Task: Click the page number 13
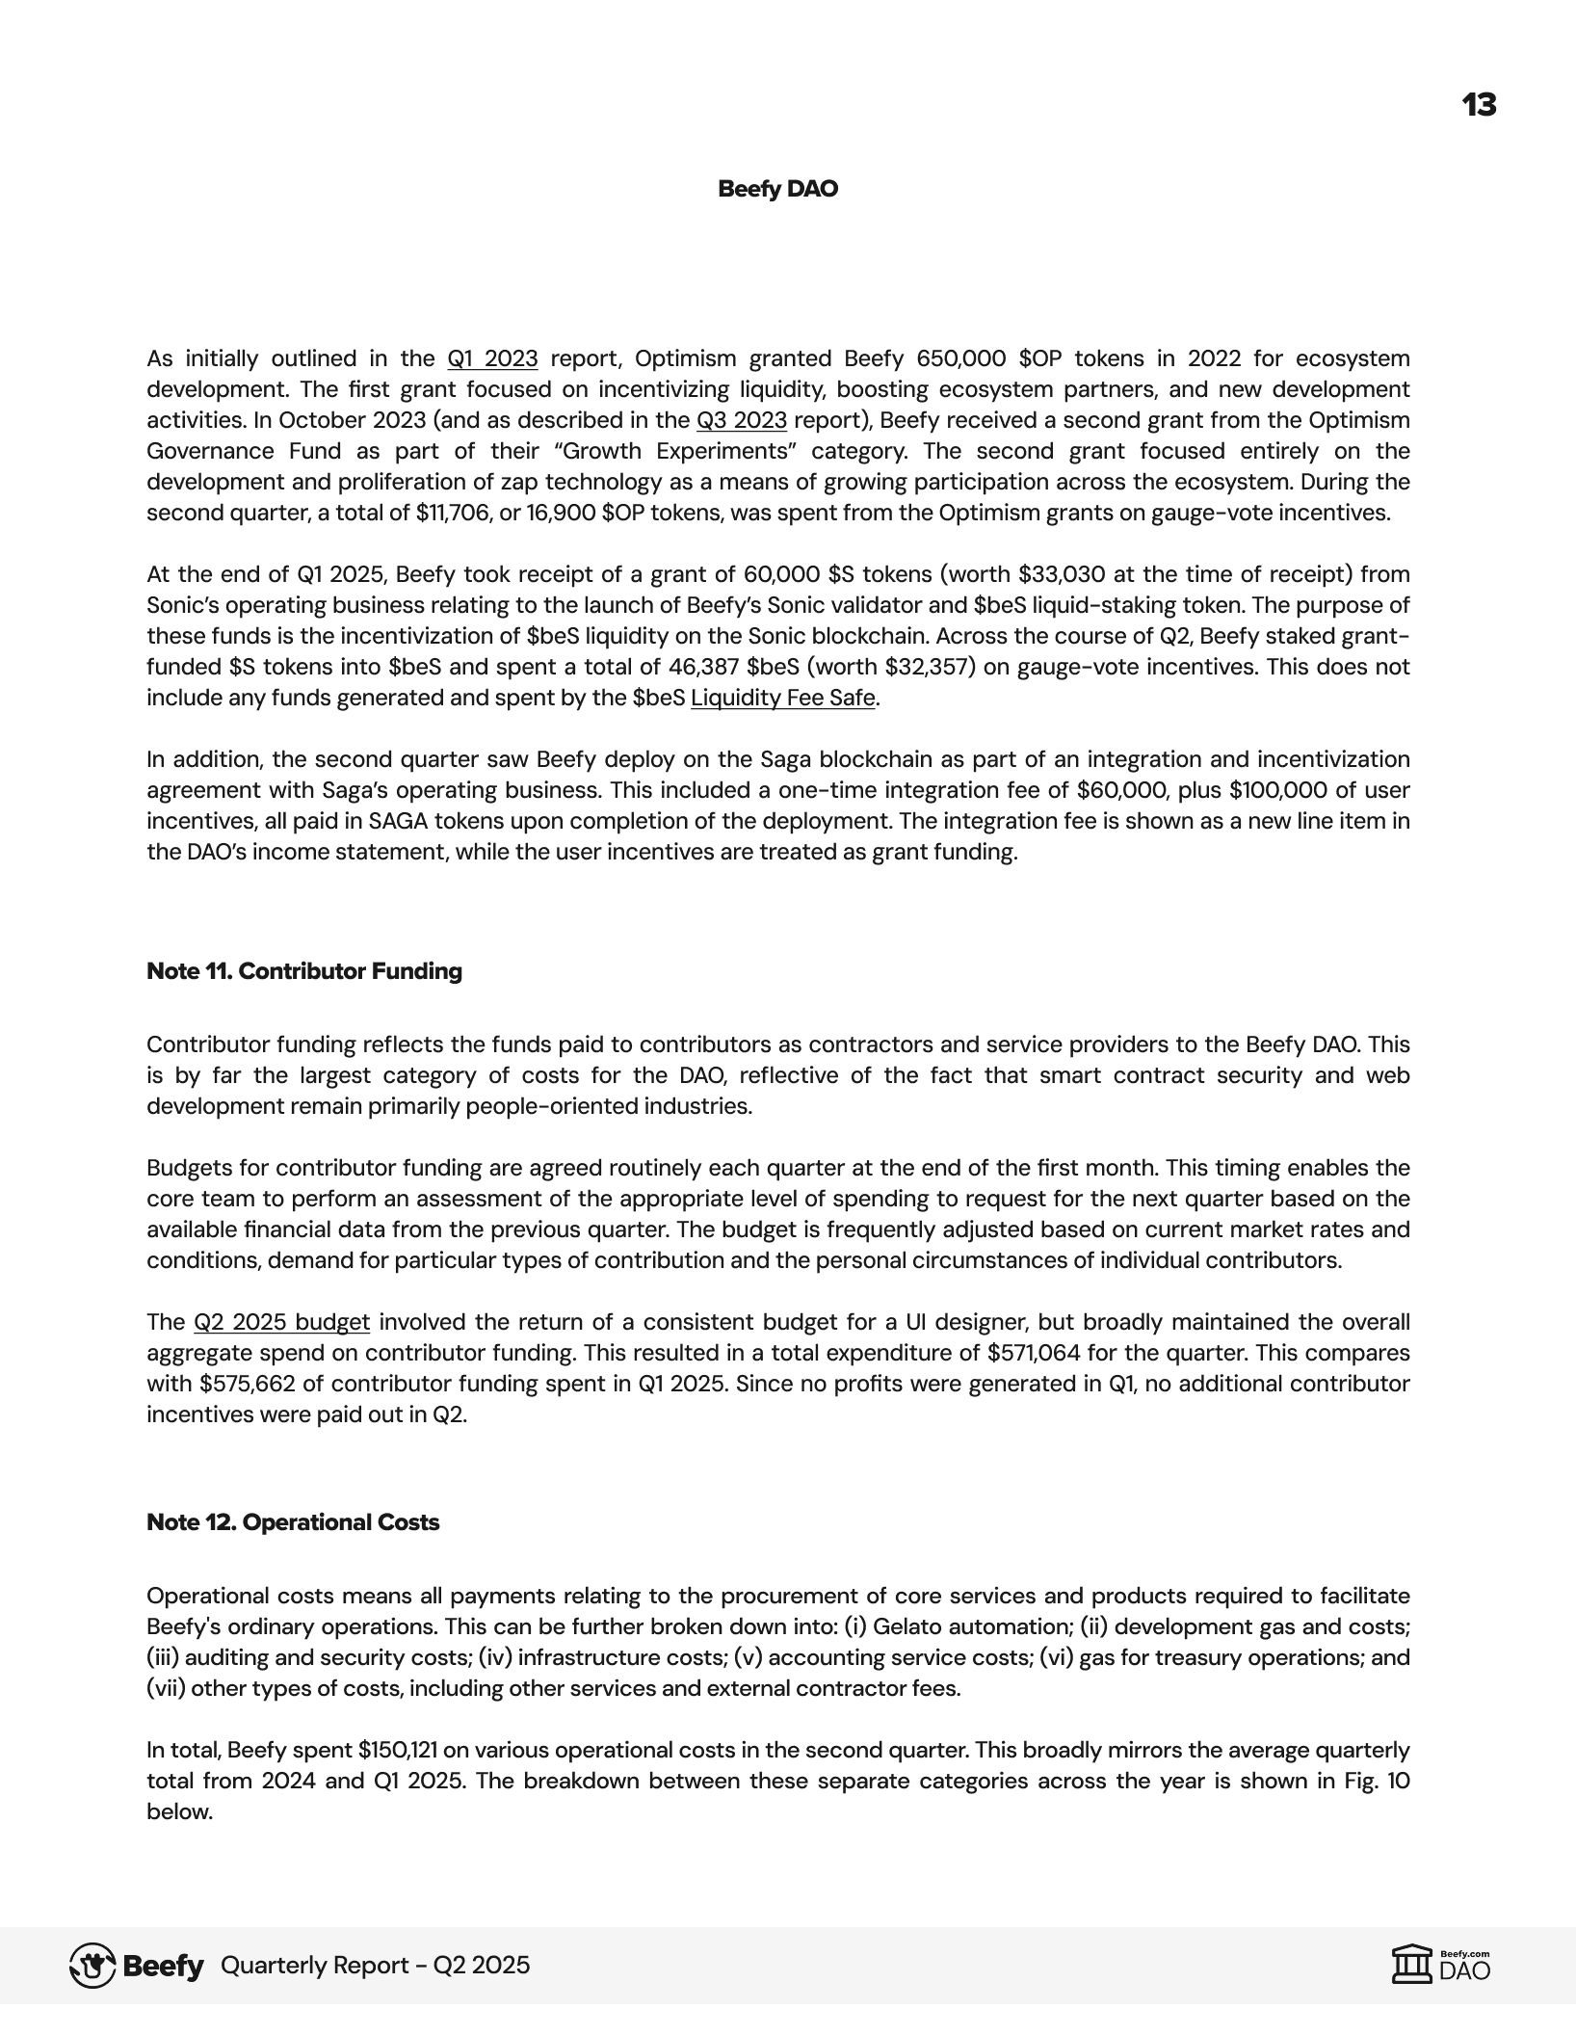coord(1479,105)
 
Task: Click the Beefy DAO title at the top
coord(777,189)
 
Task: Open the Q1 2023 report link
coord(492,359)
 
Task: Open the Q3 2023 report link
coord(741,421)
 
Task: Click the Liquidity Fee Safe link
coord(782,699)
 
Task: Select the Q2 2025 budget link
coord(281,1323)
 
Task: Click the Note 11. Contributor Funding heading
coord(304,971)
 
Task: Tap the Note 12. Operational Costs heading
coord(293,1522)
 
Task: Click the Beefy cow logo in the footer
coord(92,1966)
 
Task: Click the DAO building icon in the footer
coord(1411,1965)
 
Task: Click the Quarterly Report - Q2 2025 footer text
coord(376,1966)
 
